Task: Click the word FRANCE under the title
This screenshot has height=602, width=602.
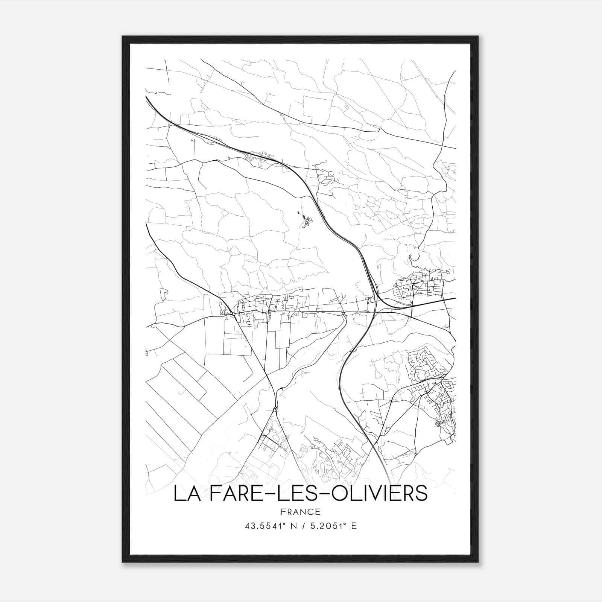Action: pyautogui.click(x=300, y=512)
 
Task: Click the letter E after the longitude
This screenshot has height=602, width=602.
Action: pyautogui.click(x=354, y=526)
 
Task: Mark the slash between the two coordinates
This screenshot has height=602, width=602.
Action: pyautogui.click(x=303, y=526)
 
